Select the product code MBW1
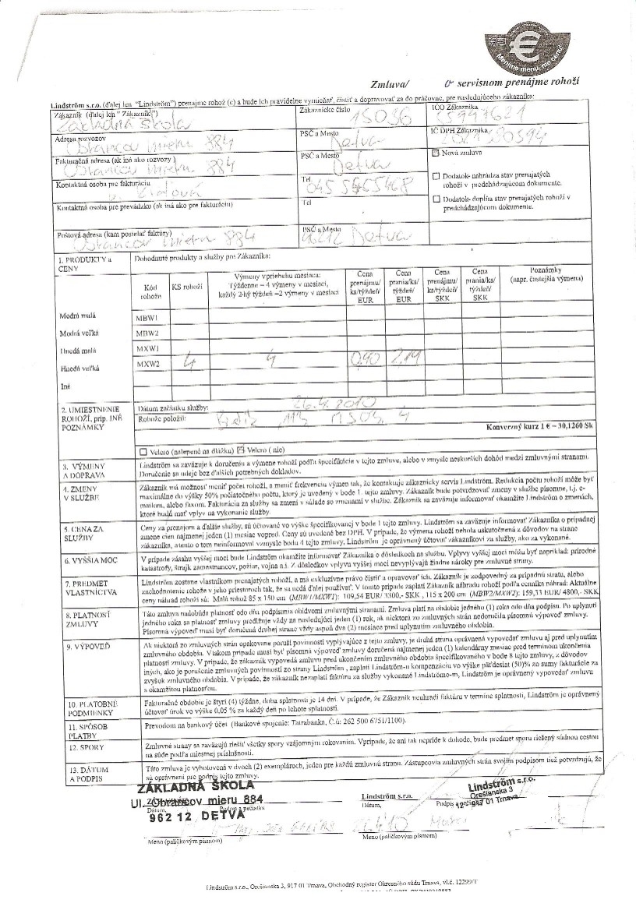tap(147, 318)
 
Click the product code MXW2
tap(147, 364)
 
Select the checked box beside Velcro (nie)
tap(242, 450)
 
